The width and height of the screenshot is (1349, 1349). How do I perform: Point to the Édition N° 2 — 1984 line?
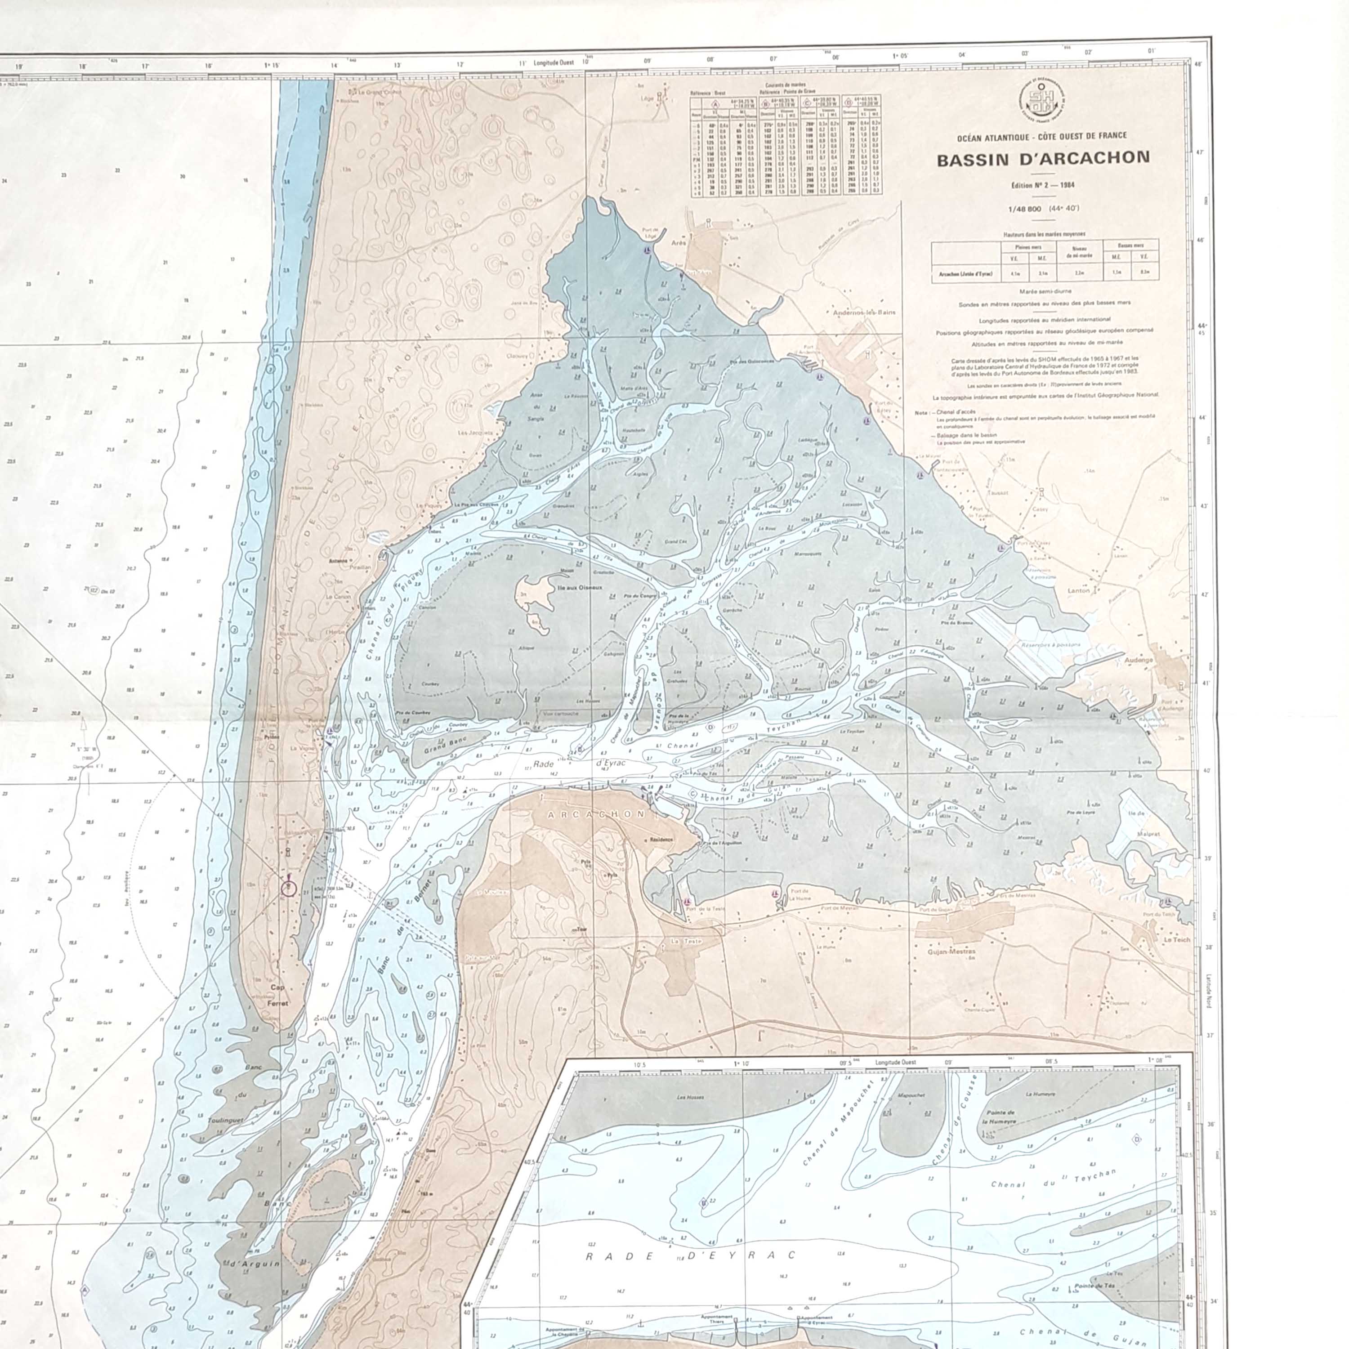1042,186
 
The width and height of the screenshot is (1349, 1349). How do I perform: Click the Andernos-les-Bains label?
864,313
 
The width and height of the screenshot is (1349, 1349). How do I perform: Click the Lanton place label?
1079,591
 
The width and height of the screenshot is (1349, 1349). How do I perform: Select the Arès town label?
679,243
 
